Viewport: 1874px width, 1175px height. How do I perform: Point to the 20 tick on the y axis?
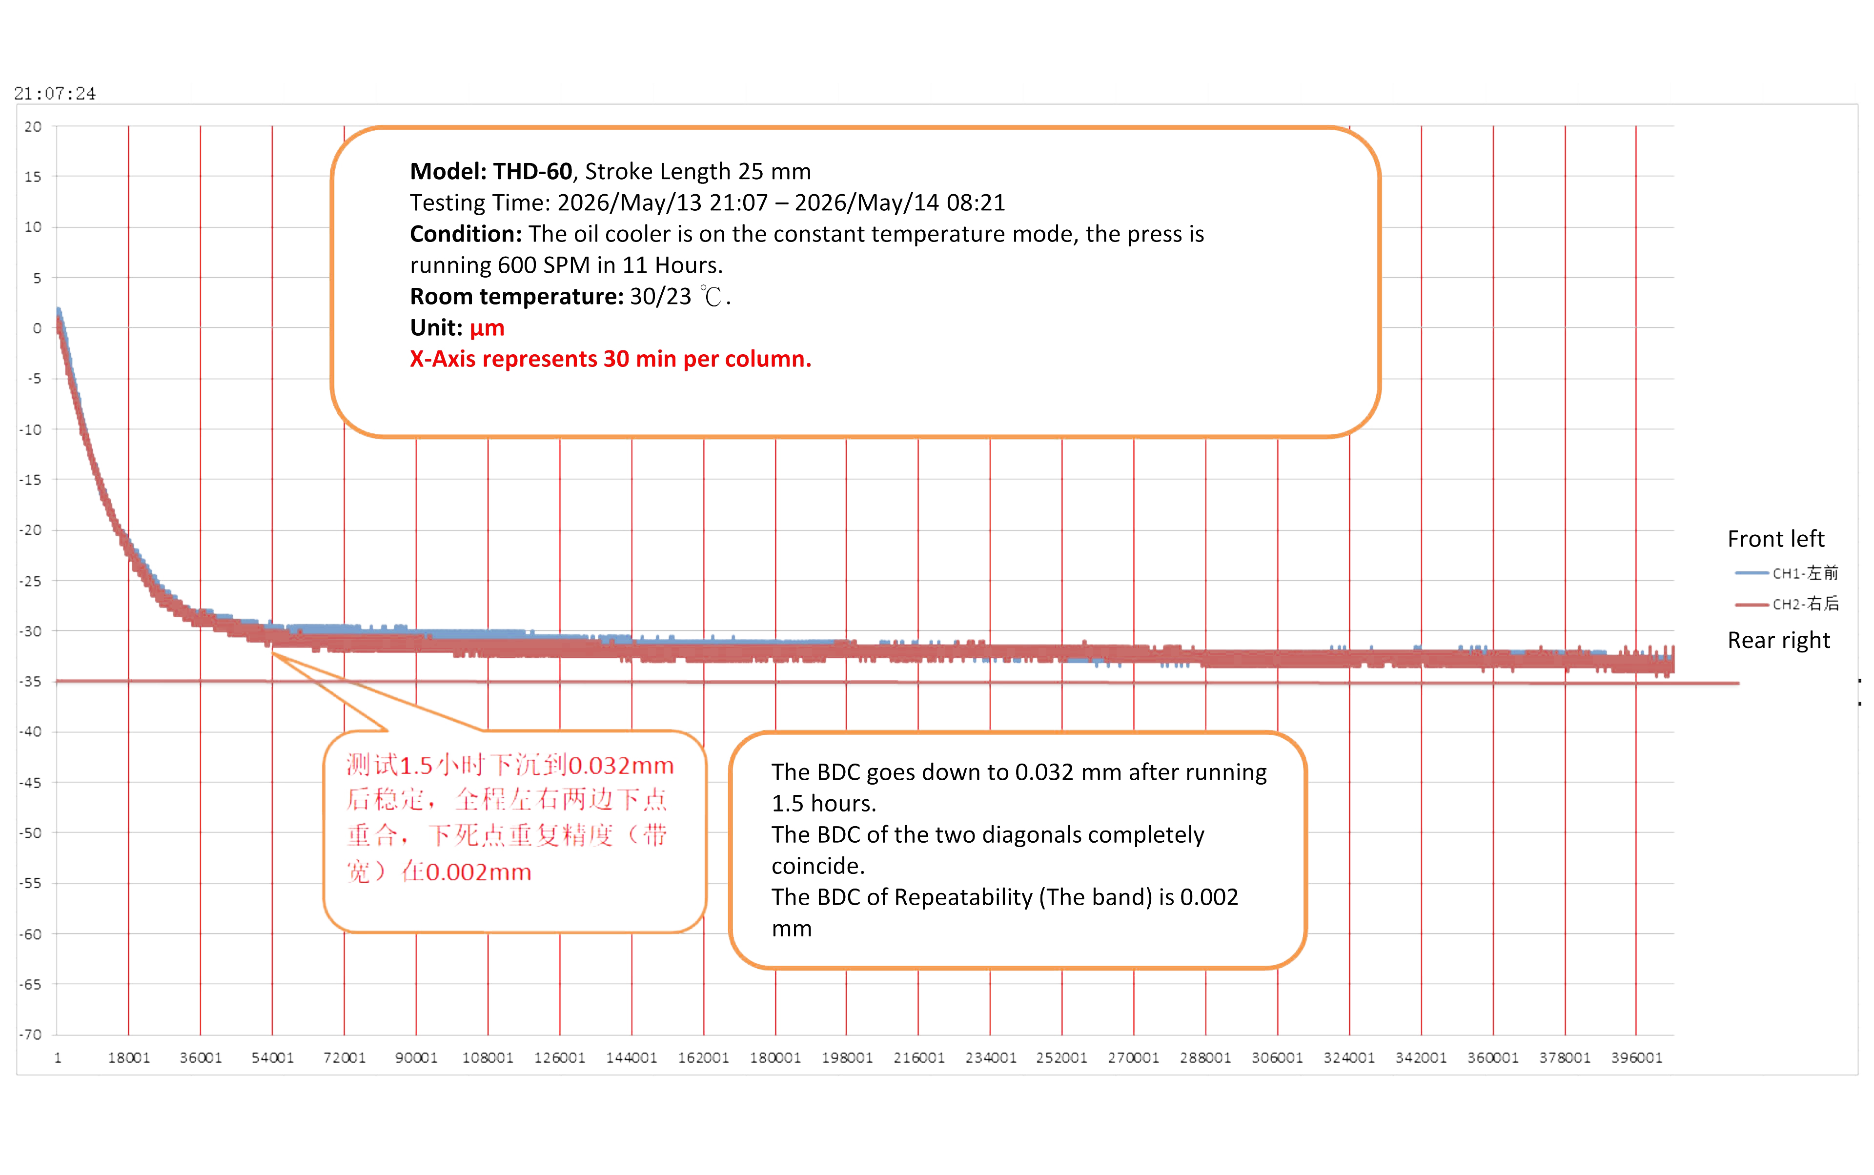[x=33, y=127]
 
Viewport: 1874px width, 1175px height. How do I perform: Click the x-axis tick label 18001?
[x=129, y=1058]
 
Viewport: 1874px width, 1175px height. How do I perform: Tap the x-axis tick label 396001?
[x=1636, y=1058]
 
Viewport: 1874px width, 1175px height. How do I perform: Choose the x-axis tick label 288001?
[x=1205, y=1058]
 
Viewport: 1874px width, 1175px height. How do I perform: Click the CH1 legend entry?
[x=1787, y=573]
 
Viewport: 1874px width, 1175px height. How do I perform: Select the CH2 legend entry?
[x=1787, y=604]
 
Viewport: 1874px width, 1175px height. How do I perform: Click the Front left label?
[x=1776, y=539]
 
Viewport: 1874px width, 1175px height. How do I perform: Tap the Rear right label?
[x=1778, y=640]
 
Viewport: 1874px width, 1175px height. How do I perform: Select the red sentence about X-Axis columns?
[x=610, y=359]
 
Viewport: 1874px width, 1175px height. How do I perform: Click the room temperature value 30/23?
[x=660, y=296]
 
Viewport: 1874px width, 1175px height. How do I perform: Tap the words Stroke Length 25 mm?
[x=698, y=171]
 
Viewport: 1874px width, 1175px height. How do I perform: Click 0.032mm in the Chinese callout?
[x=621, y=766]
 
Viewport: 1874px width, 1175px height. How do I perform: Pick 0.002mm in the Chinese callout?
[x=479, y=872]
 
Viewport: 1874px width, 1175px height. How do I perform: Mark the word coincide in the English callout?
[x=815, y=866]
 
